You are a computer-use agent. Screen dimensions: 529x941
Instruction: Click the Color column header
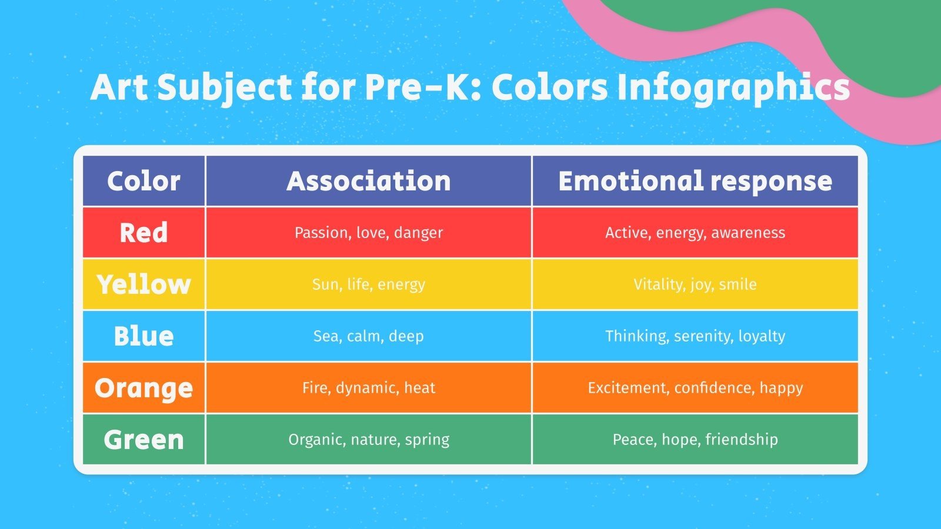[144, 181]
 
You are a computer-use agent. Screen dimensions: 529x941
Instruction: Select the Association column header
[369, 181]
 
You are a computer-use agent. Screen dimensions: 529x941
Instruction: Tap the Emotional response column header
[695, 181]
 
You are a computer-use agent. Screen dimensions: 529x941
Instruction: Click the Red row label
[144, 233]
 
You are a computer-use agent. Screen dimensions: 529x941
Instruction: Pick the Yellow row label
[144, 284]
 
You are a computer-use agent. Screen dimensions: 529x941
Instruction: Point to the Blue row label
[144, 336]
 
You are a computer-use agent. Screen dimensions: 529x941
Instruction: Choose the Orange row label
[144, 388]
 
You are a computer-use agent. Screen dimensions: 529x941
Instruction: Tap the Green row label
[144, 440]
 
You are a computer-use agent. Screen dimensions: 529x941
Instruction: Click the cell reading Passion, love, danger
[369, 233]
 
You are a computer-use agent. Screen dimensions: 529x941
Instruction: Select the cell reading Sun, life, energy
[369, 284]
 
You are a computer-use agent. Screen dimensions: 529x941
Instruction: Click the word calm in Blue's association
[365, 336]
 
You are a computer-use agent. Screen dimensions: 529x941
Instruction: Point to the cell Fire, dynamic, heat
[369, 388]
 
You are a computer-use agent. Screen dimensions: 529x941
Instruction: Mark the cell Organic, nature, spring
[369, 440]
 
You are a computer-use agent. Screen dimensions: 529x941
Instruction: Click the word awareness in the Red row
[748, 233]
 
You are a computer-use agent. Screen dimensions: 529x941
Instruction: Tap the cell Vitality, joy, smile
[695, 284]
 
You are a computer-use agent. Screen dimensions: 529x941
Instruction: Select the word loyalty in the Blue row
[762, 336]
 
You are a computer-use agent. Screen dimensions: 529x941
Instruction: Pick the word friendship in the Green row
[742, 440]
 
